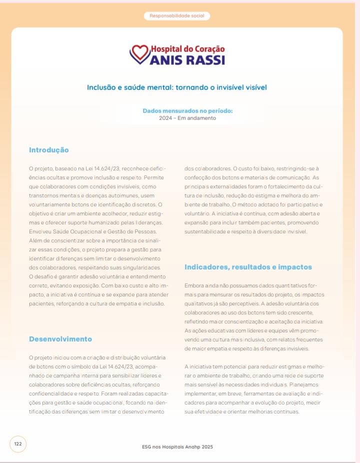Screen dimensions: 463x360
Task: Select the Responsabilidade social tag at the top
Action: (x=177, y=16)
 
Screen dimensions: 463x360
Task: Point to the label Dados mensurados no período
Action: (x=187, y=111)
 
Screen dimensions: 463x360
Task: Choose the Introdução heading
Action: (x=49, y=150)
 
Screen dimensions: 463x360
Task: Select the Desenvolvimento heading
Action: (x=60, y=339)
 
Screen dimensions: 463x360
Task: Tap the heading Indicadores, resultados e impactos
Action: (x=248, y=267)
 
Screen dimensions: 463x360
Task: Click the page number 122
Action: (x=18, y=444)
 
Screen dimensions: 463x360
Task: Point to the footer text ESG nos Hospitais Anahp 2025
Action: (x=177, y=446)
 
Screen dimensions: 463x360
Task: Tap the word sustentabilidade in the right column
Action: (x=208, y=231)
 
